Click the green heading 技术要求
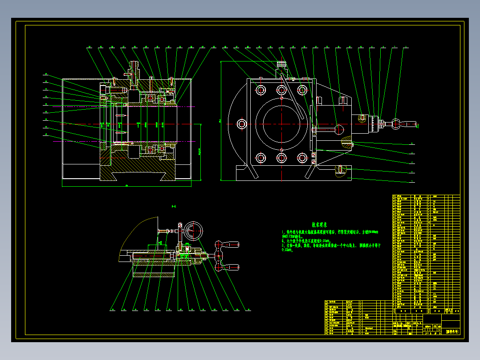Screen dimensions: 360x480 (319, 225)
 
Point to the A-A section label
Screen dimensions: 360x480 (174, 206)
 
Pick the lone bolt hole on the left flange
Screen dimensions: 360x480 (242, 124)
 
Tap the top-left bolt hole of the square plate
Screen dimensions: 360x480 (260, 90)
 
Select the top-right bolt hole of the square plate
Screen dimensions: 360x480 (303, 90)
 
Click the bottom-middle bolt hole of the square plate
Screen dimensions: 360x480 (281, 158)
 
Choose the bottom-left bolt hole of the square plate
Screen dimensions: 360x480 (260, 158)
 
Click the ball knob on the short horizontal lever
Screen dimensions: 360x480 (339, 129)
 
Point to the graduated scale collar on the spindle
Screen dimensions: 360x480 (372, 123)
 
